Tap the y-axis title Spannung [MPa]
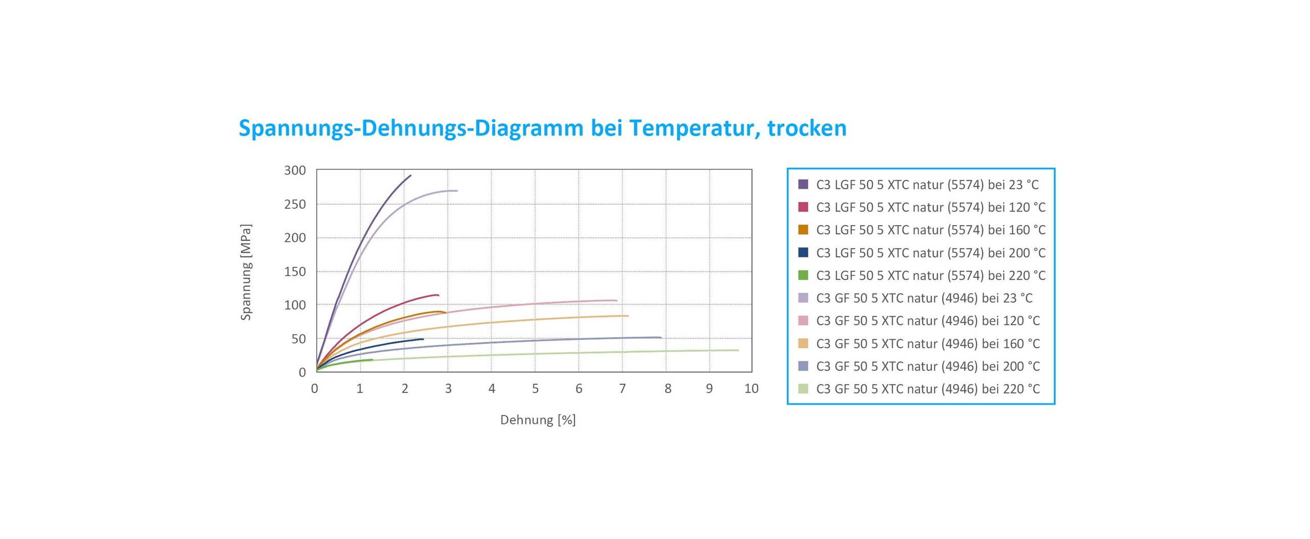(246, 272)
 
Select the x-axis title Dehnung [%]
(538, 420)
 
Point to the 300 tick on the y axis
(295, 170)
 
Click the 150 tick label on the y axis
(295, 271)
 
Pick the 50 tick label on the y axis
(298, 339)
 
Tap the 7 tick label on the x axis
(622, 389)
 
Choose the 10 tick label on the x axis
(751, 389)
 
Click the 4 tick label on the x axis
(492, 389)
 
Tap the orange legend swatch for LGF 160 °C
(803, 230)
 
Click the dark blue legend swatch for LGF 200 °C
(803, 252)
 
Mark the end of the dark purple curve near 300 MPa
(410, 176)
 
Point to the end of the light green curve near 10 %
(738, 350)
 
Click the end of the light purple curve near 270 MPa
(457, 191)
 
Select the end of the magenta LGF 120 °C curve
(439, 295)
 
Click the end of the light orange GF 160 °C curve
(628, 316)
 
